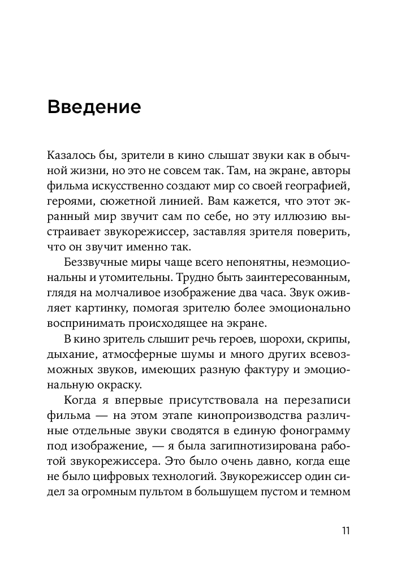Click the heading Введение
point(94,107)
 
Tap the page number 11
point(346,531)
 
